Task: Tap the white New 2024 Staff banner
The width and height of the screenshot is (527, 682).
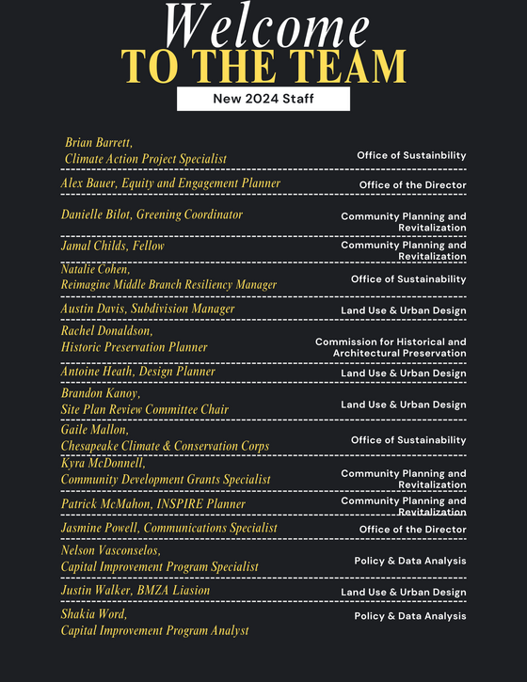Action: (263, 99)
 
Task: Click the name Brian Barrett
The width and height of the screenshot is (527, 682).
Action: (99, 142)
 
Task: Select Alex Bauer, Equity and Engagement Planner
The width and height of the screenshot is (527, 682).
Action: (170, 182)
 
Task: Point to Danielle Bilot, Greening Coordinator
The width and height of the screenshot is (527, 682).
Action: (152, 214)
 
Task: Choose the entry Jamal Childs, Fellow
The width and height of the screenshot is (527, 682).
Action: (112, 246)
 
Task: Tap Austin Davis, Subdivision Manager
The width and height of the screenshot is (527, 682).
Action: (148, 309)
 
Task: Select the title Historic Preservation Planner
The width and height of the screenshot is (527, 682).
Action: (135, 347)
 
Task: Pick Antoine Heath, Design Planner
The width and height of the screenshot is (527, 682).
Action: (138, 372)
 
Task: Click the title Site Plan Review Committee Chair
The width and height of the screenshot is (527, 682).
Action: (145, 409)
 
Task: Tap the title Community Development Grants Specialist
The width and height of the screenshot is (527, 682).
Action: (166, 479)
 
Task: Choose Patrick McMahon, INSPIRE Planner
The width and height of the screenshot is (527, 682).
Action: (153, 504)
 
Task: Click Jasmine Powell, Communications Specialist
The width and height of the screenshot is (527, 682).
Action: (169, 528)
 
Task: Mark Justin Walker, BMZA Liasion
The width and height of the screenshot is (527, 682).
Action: (136, 591)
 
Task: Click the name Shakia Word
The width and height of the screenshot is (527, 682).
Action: (94, 614)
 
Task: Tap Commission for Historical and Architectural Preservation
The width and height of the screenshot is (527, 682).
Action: (391, 347)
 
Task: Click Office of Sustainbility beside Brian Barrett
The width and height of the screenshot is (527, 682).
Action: (411, 155)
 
